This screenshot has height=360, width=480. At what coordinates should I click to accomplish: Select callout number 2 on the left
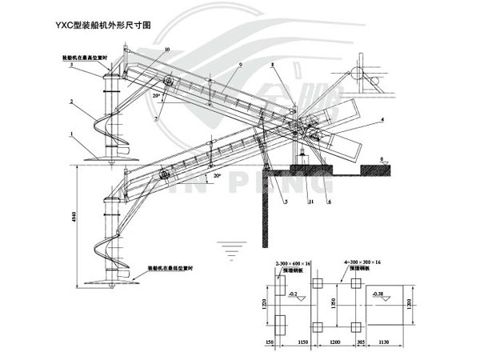pos(71,102)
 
